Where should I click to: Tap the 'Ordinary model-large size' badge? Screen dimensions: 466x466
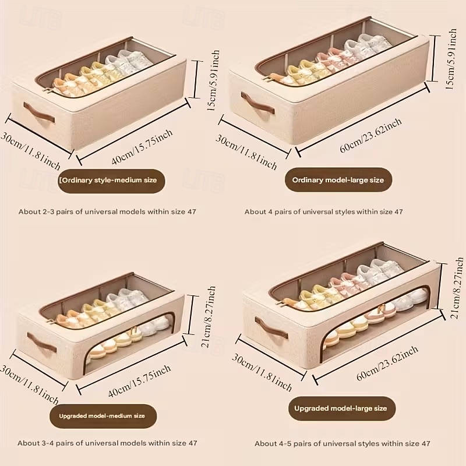338,180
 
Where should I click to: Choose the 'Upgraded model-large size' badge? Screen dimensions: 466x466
340,408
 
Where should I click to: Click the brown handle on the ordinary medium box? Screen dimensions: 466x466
39,112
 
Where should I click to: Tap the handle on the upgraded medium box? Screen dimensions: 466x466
42,343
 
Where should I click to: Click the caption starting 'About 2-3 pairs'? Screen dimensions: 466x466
107,211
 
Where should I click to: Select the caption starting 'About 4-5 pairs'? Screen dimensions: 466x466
343,443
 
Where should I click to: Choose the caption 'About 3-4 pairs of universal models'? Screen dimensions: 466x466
107,443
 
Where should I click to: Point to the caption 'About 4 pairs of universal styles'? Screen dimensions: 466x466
323,211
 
